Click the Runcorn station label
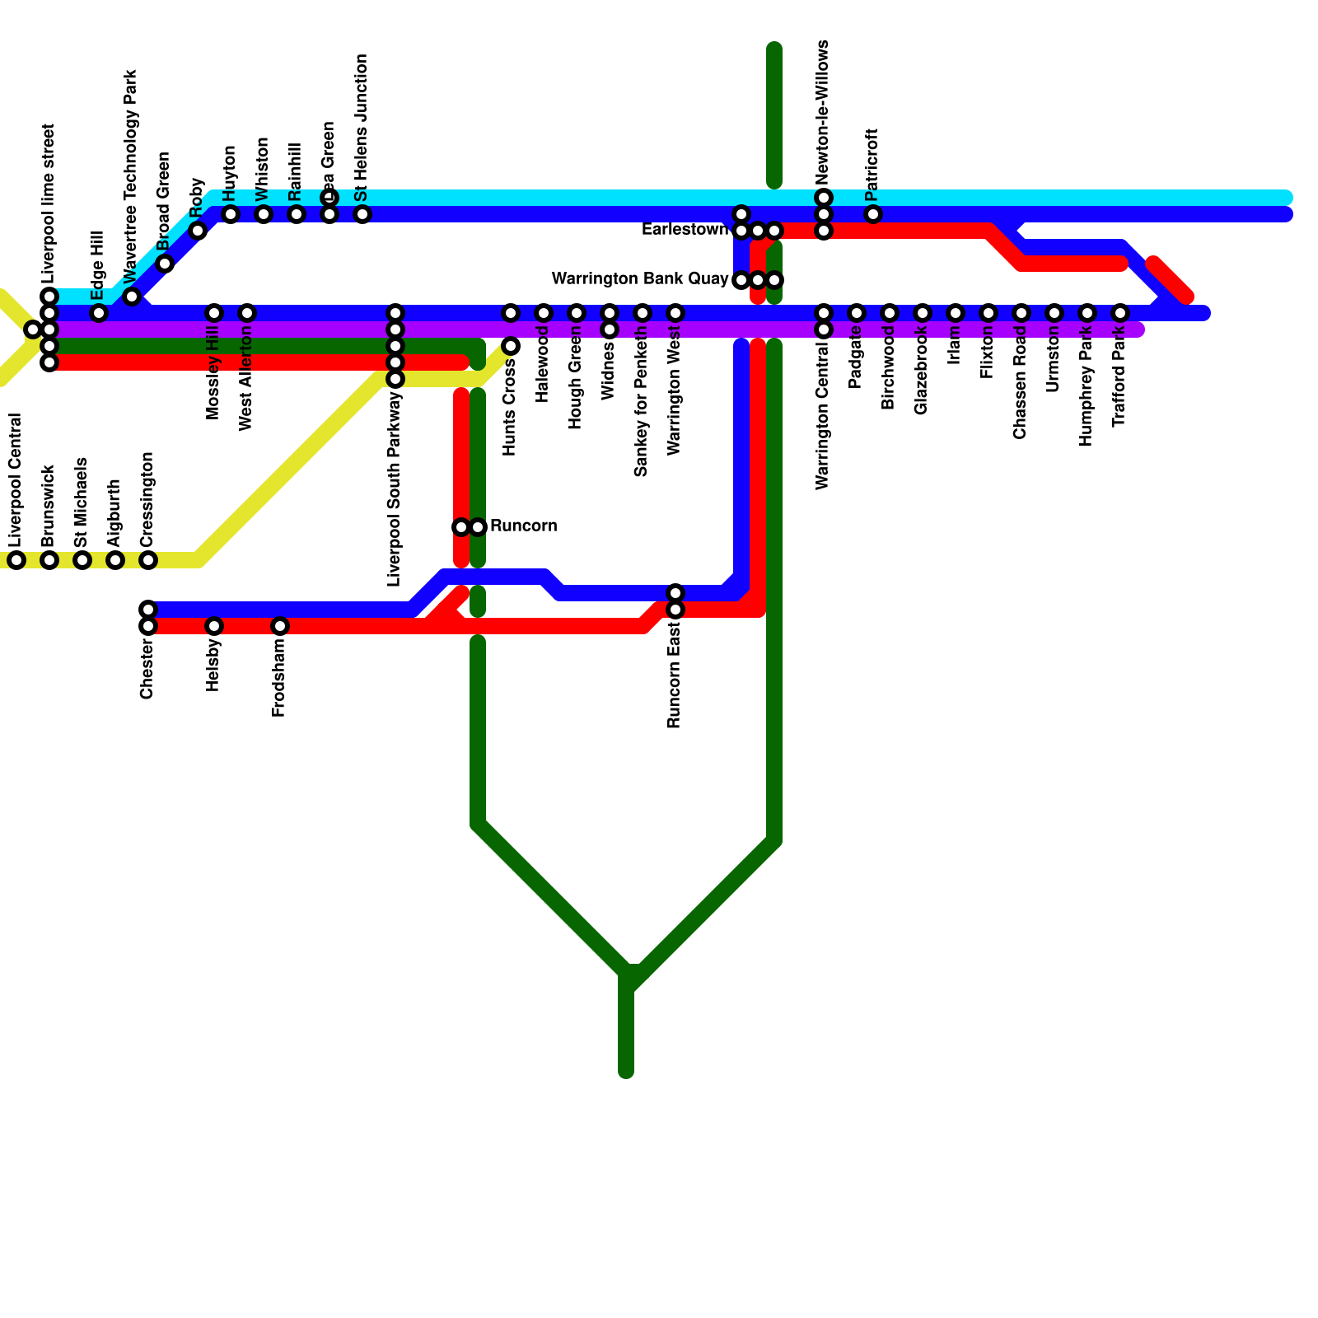523,526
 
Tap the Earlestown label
685,230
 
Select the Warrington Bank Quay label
640,279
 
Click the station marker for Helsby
214,626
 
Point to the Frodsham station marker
280,626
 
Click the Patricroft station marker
873,214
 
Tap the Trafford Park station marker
1120,313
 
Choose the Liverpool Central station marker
16,560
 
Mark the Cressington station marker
148,560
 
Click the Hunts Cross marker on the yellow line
511,346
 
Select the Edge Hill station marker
99,313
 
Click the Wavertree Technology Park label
131,175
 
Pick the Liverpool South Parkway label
395,489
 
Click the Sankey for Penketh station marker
643,313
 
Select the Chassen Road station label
1021,383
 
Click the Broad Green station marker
165,264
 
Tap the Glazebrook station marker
923,313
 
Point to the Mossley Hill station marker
214,313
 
